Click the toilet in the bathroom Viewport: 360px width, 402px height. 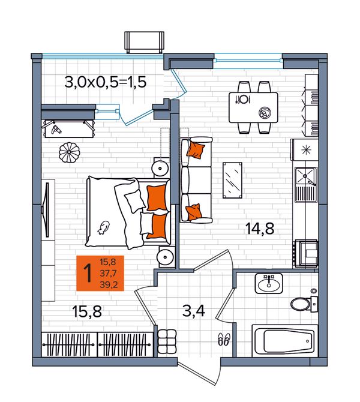click(x=304, y=304)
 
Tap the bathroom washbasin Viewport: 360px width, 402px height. click(x=268, y=283)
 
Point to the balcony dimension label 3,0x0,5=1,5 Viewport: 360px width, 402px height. click(x=106, y=83)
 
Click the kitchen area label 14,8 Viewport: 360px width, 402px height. click(x=260, y=229)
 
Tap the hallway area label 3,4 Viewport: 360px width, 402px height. click(x=194, y=311)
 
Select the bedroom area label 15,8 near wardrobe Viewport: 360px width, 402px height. click(x=87, y=312)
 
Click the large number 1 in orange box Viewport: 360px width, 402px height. click(x=88, y=273)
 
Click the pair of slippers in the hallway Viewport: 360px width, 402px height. click(x=224, y=338)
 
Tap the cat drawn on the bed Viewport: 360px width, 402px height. click(x=104, y=227)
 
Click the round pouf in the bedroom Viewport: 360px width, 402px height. click(x=69, y=152)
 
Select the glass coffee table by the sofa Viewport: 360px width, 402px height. click(x=232, y=180)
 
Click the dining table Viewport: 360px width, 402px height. click(x=253, y=107)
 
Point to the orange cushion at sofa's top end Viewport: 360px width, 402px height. click(x=196, y=150)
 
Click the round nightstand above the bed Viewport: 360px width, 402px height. click(x=161, y=168)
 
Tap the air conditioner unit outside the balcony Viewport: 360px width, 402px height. click(x=144, y=42)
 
